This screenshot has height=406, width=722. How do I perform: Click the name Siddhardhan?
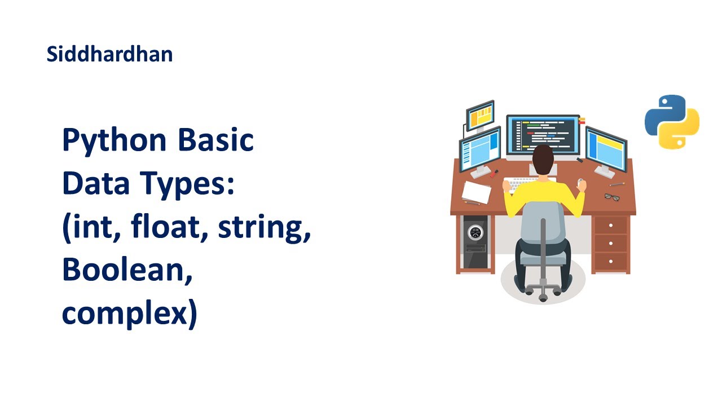tap(109, 55)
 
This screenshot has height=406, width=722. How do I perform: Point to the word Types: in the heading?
tap(192, 184)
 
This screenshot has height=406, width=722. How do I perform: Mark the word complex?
tap(129, 314)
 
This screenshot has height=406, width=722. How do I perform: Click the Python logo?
tap(672, 122)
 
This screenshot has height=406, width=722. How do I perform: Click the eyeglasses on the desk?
tap(612, 196)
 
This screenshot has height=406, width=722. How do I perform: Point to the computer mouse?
tap(580, 182)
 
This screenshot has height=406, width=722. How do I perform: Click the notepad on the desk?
tap(476, 192)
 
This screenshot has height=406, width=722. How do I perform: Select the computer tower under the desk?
tap(474, 241)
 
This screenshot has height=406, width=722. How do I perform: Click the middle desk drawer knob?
tap(611, 243)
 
